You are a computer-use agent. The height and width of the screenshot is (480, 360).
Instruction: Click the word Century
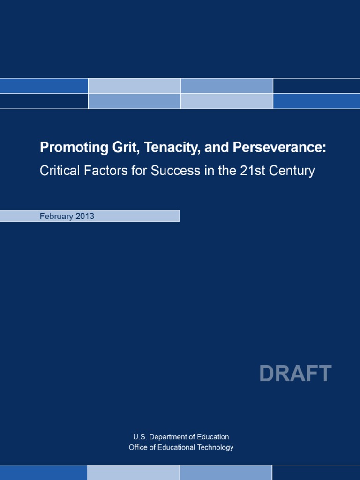pyautogui.click(x=294, y=171)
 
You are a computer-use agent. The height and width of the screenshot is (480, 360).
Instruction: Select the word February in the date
pyautogui.click(x=57, y=216)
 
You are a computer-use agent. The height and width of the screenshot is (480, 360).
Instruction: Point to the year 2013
pyautogui.click(x=85, y=216)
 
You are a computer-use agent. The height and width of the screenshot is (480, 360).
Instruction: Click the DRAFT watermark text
pyautogui.click(x=295, y=374)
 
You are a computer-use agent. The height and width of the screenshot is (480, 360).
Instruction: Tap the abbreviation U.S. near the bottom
pyautogui.click(x=140, y=437)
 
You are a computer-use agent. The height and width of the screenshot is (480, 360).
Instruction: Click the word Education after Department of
pyautogui.click(x=213, y=437)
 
